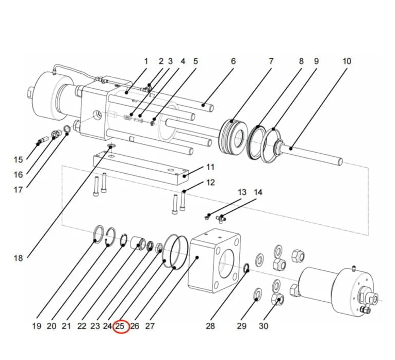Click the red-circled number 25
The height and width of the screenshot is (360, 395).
point(121,326)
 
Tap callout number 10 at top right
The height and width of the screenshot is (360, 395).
point(347,61)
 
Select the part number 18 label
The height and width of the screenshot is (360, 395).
point(19,258)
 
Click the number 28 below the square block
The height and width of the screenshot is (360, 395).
point(210,326)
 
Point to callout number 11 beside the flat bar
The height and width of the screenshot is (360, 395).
point(210,167)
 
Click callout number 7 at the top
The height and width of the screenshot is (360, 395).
point(271,61)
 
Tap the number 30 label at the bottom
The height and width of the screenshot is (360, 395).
point(263,326)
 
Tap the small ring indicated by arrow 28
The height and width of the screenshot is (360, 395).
point(246,267)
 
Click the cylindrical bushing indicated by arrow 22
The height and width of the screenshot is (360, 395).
point(139,241)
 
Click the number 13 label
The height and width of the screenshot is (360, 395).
point(242,192)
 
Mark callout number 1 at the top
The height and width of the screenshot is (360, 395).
point(145,61)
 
